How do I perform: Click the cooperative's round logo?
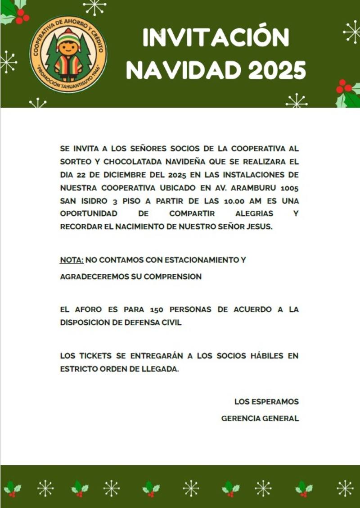(x=68, y=54)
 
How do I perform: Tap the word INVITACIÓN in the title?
(x=216, y=38)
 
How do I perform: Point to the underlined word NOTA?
(x=72, y=260)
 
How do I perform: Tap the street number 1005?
(x=289, y=187)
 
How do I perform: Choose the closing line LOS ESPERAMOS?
(x=266, y=401)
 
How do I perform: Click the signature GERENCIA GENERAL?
(x=260, y=418)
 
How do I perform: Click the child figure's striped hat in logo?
(x=68, y=35)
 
